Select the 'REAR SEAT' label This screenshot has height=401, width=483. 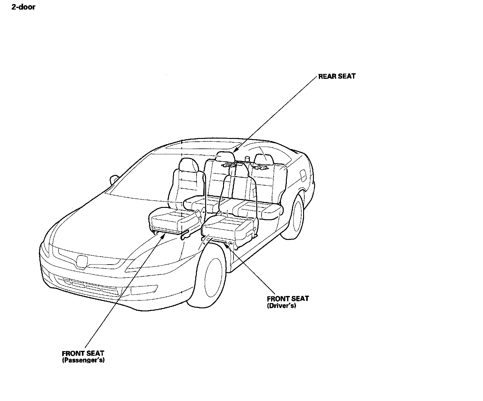tap(337, 76)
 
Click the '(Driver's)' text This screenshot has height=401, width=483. tap(281, 306)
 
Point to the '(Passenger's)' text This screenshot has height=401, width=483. tap(83, 360)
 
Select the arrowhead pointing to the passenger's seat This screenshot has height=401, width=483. tap(163, 235)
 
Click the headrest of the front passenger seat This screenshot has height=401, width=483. tap(188, 165)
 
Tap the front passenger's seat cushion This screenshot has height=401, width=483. tap(172, 218)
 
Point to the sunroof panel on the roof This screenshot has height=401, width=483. tap(203, 146)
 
